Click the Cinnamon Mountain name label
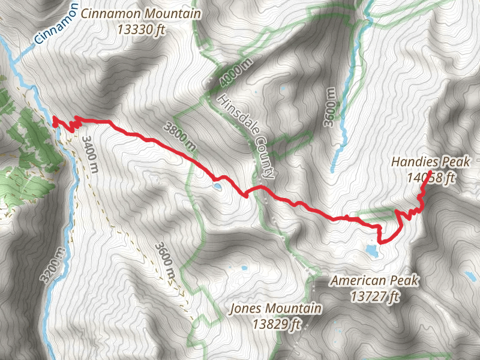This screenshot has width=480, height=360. [141, 13]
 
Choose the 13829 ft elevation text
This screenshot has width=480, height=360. [276, 325]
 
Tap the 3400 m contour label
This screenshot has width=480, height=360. [89, 154]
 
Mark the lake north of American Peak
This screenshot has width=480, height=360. [370, 250]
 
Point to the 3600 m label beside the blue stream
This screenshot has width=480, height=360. [330, 107]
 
